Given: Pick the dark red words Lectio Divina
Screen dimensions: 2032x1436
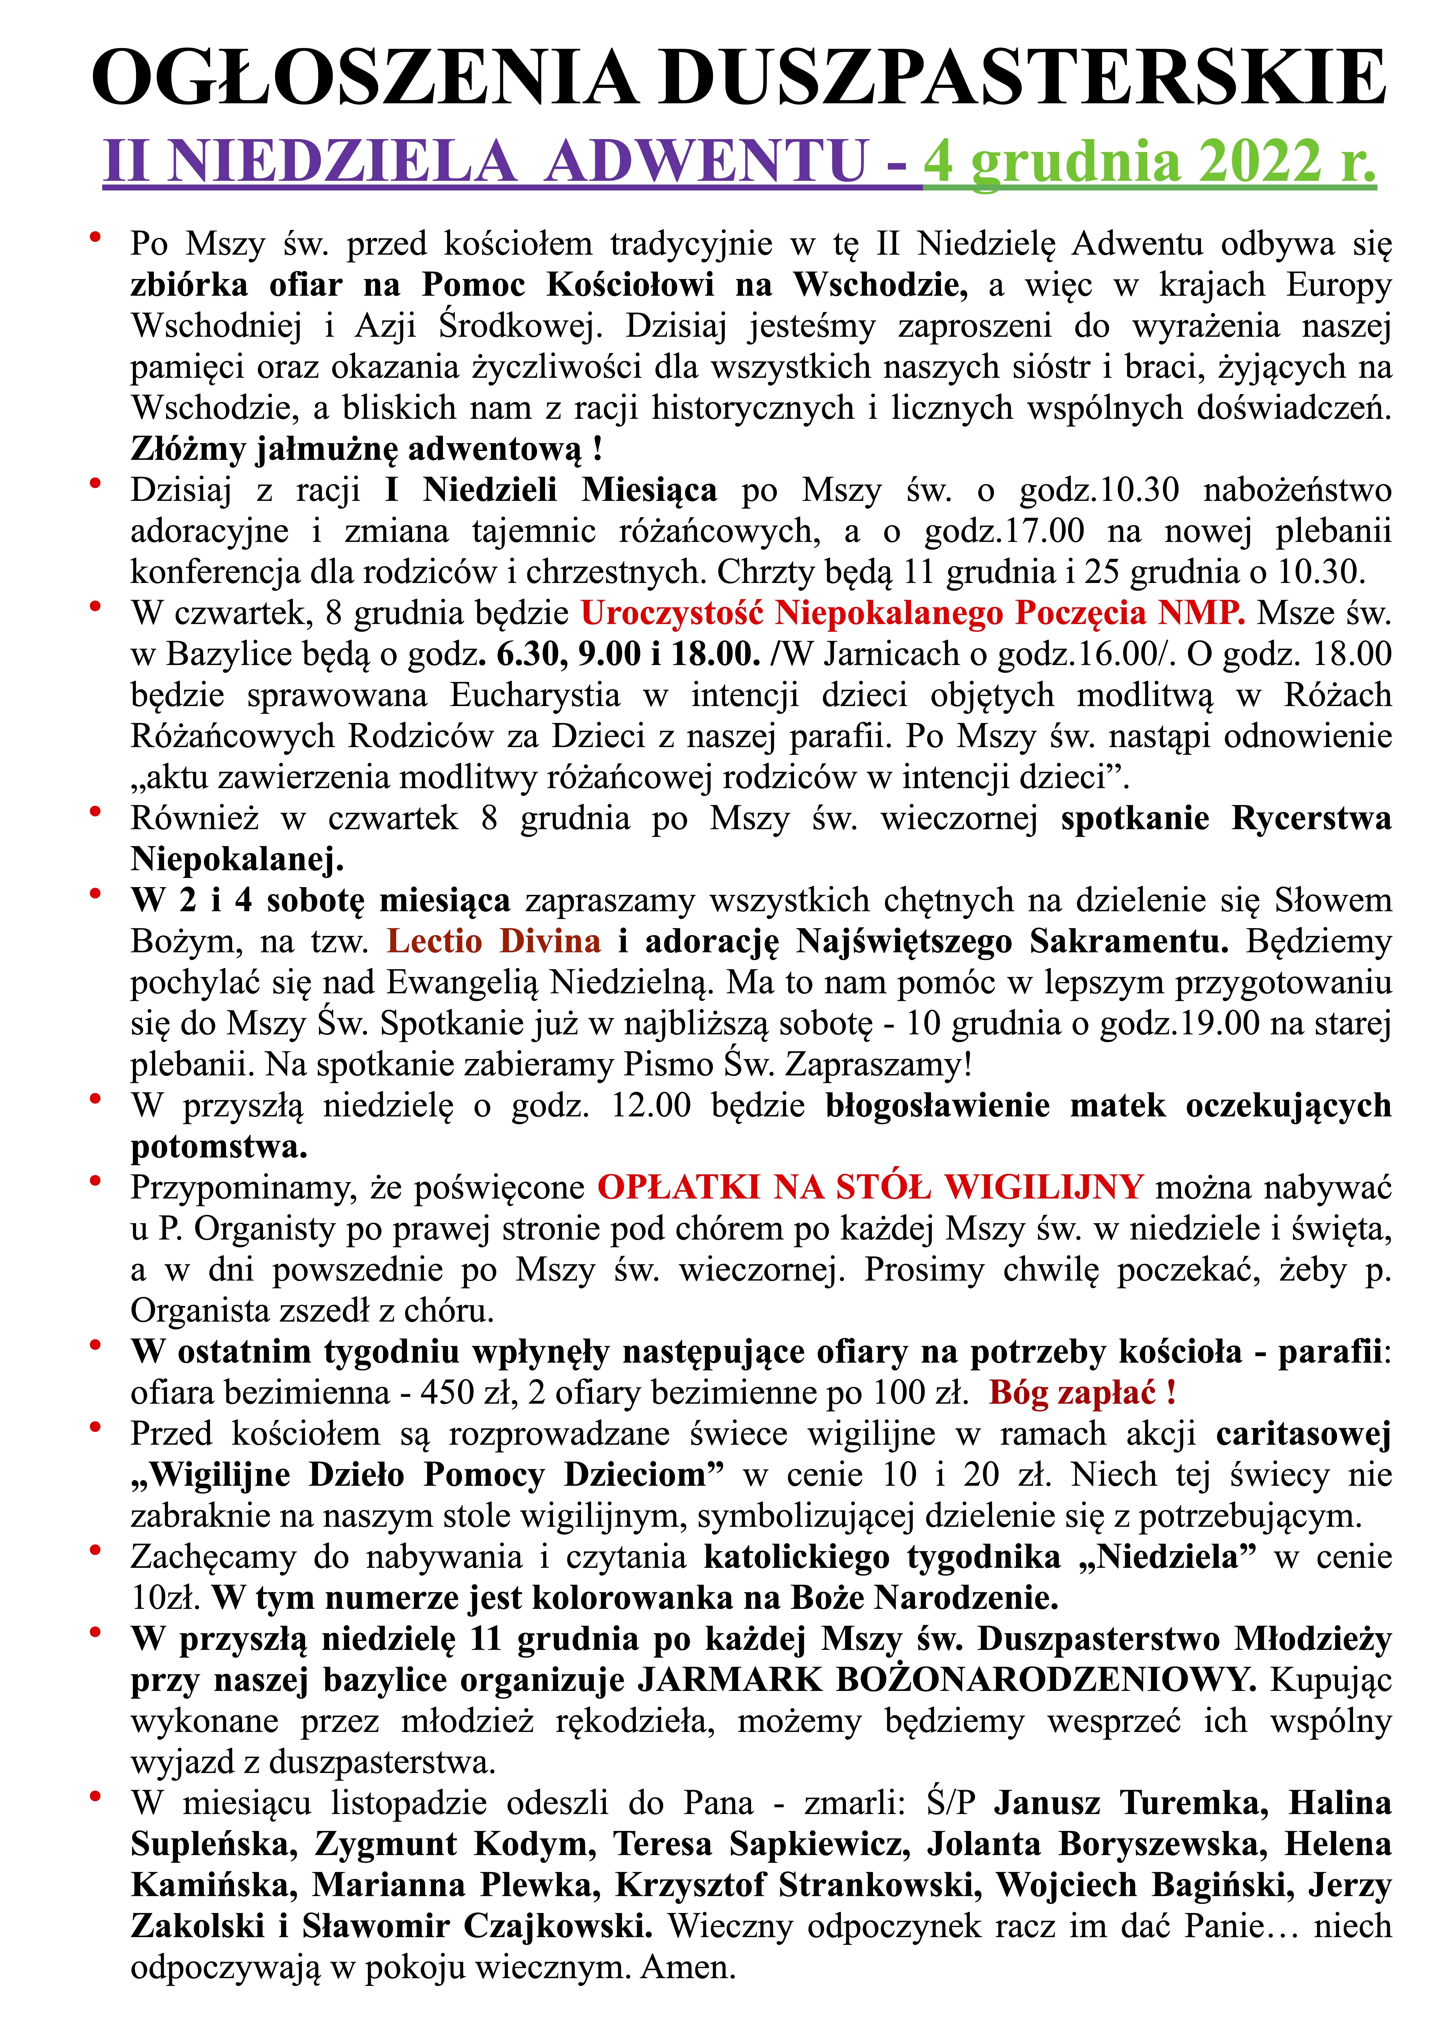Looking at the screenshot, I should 494,941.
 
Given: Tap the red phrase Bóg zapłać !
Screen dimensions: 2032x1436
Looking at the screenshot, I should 1082,1392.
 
